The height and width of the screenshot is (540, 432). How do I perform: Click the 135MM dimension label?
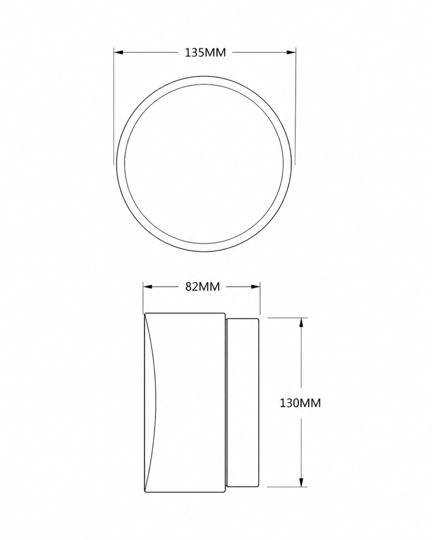click(205, 53)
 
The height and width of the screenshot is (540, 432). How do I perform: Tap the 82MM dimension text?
click(202, 287)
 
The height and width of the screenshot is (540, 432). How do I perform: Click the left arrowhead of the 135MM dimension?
click(118, 52)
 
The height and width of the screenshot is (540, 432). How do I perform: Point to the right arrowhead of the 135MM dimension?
click(292, 52)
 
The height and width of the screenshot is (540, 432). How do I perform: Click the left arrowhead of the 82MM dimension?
click(148, 287)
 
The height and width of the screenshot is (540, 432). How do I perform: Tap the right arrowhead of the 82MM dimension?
click(256, 287)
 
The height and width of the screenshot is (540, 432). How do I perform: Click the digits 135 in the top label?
click(194, 53)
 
